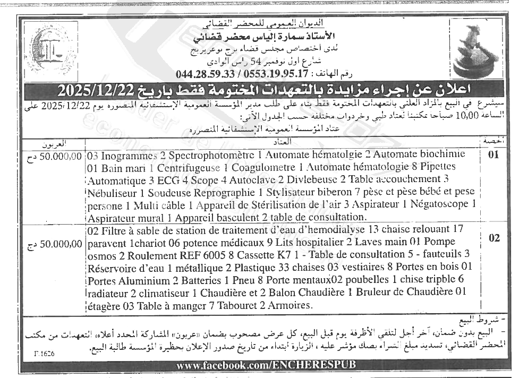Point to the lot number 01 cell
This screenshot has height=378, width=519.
[x=494, y=156]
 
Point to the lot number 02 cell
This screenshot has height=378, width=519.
[x=494, y=238]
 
